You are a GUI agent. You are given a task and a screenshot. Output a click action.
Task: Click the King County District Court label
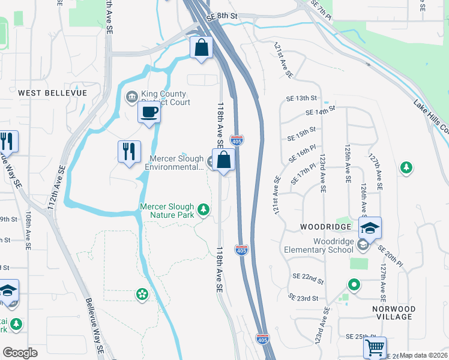164,98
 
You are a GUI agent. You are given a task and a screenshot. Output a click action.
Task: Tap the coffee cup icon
149,111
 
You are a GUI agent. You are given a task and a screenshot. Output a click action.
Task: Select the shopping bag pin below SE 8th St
202,47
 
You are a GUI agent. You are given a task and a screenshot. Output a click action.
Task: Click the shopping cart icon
375,347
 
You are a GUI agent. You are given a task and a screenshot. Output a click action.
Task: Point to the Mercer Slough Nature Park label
167,210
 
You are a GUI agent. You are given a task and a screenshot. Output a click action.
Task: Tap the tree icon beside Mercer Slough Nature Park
205,209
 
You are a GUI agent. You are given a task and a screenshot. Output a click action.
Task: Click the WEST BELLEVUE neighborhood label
52,93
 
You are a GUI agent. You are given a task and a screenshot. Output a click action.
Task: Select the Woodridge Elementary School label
318,245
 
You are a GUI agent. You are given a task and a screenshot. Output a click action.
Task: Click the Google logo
20,353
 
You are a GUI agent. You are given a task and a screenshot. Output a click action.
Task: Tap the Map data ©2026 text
423,355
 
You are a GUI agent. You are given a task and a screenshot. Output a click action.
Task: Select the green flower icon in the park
142,294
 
